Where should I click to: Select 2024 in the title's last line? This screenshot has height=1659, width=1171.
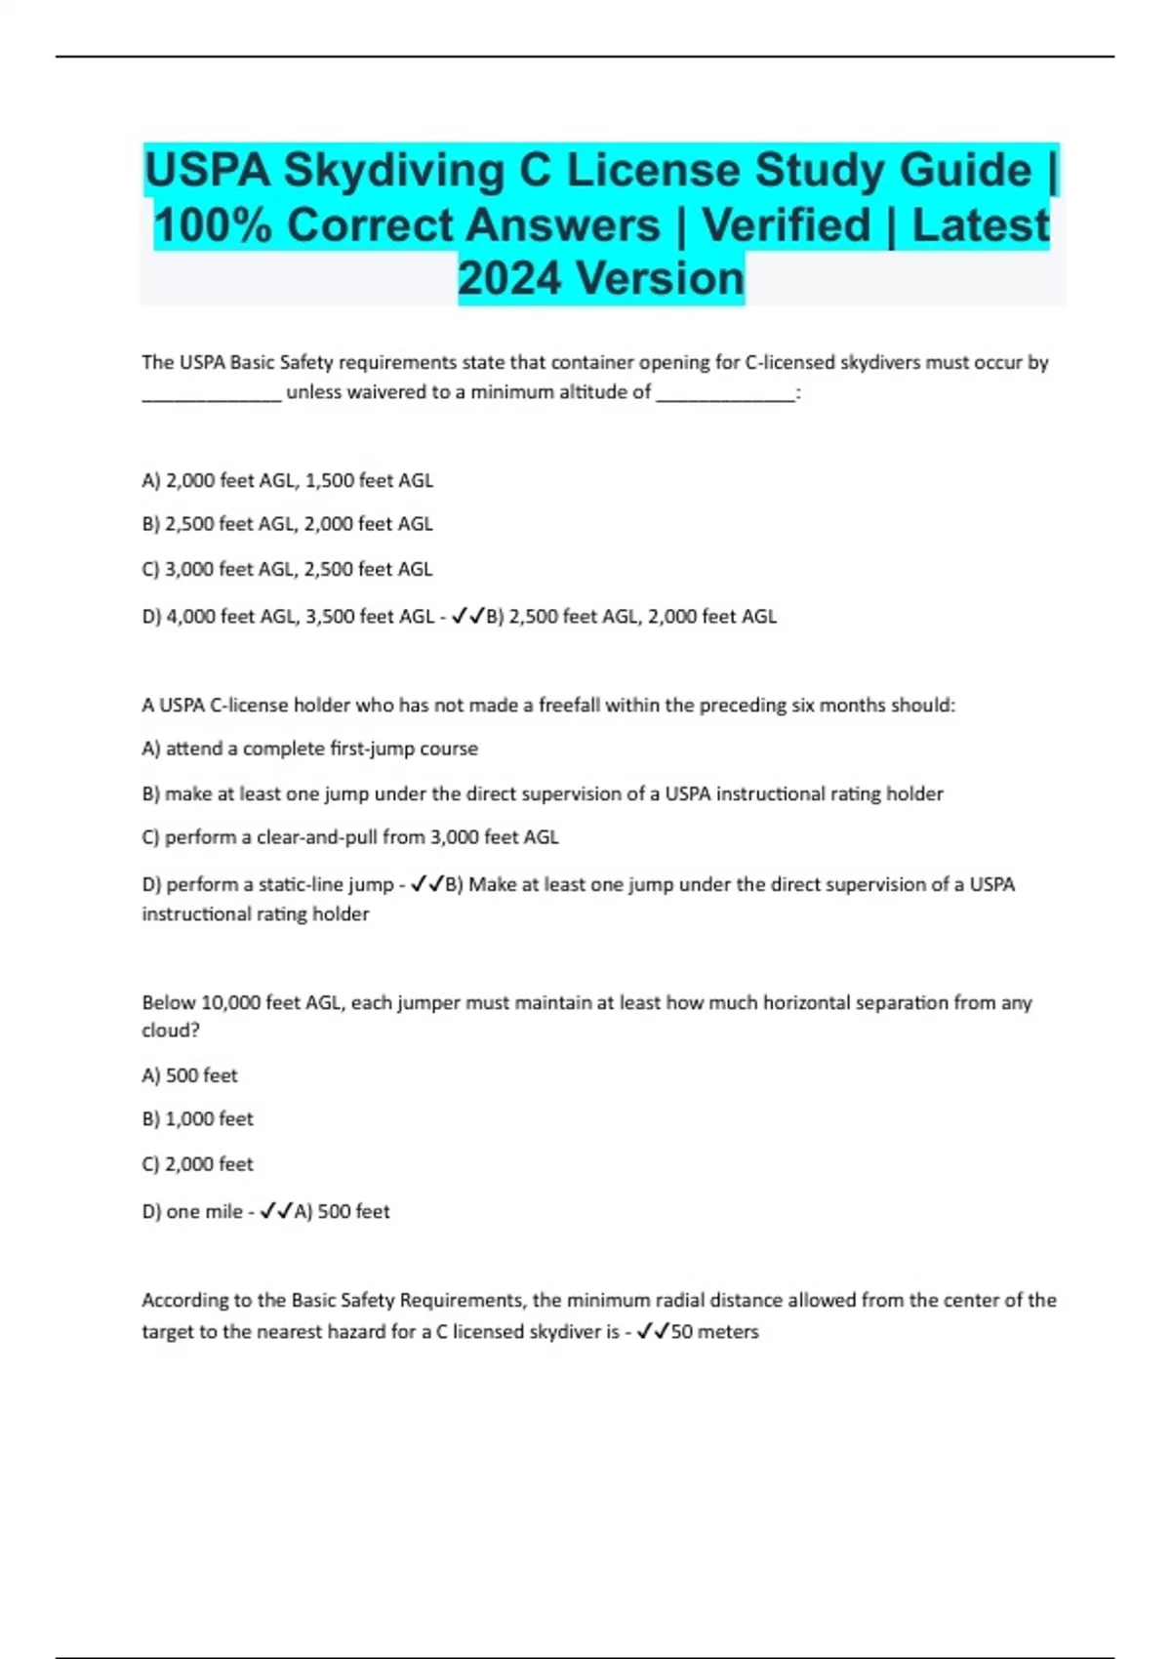(x=508, y=279)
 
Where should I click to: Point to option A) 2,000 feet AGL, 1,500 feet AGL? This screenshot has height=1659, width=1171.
(x=287, y=480)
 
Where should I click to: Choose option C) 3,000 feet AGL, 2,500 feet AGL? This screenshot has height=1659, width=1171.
(x=287, y=569)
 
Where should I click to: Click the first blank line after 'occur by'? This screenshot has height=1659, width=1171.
(x=212, y=394)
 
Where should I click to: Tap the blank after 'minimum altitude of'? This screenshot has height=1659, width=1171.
(x=725, y=394)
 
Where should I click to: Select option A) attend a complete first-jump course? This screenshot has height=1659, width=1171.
(x=309, y=749)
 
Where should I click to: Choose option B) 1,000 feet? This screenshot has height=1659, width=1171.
(x=197, y=1119)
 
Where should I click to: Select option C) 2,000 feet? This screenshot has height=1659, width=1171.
(x=197, y=1164)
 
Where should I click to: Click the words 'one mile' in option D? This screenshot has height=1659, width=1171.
(x=204, y=1212)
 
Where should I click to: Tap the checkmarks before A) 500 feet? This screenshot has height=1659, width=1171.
(x=276, y=1212)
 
